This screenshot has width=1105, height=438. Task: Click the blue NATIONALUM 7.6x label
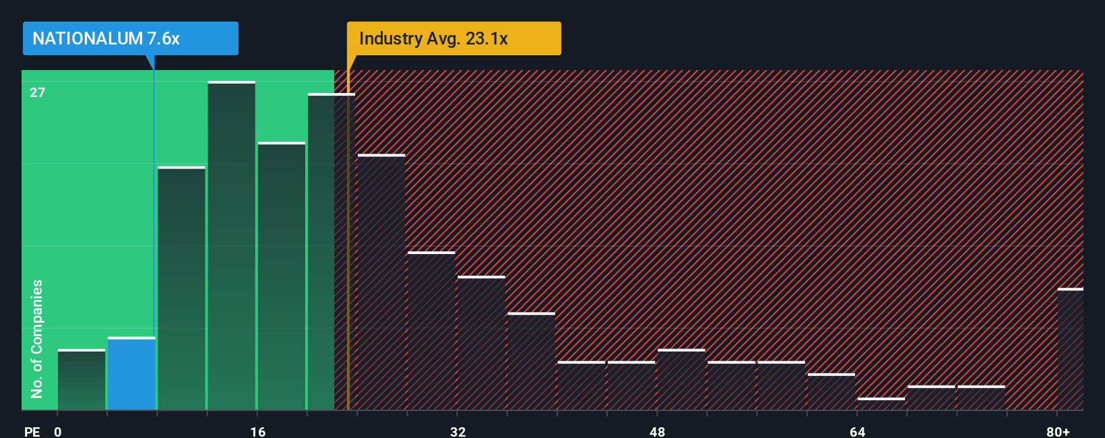pos(130,38)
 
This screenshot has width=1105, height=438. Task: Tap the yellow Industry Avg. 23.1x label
pos(453,38)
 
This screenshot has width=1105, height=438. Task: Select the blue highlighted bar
pos(131,374)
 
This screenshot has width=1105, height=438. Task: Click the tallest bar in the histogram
pos(231,246)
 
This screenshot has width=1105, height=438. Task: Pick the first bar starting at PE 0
pos(82,380)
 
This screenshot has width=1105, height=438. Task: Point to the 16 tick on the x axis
pos(257,431)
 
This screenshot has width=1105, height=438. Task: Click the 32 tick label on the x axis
pos(457,431)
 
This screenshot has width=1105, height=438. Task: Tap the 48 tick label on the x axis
pos(657,431)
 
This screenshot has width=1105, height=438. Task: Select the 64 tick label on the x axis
pos(857,431)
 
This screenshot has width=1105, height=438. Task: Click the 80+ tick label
pos(1058,431)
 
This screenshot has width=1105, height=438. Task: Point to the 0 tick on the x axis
pos(58,431)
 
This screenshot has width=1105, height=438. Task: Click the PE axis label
pos(32,431)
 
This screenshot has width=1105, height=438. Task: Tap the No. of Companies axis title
pos(37,338)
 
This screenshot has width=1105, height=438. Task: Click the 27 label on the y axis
pos(37,92)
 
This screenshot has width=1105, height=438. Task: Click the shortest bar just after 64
pos(881,404)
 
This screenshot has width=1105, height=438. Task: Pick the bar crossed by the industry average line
pos(331,252)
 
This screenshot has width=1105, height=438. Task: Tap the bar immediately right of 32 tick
pos(481,343)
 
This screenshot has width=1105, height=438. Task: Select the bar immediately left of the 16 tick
pos(231,246)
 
